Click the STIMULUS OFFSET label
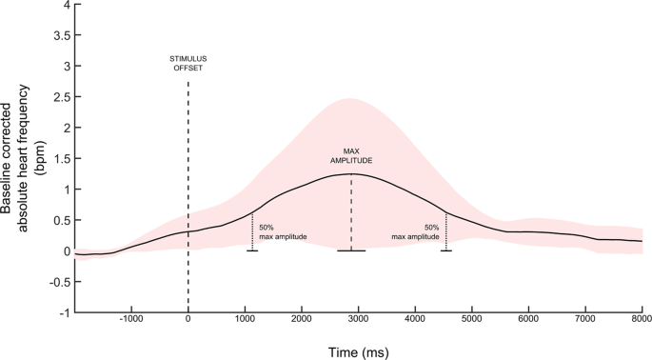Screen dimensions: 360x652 (x=188, y=64)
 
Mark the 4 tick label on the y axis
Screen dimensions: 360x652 (x=66, y=5)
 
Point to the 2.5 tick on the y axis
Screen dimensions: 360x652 (x=62, y=97)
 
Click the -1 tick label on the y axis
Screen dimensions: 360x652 (x=64, y=312)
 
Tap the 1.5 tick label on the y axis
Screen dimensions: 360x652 (x=62, y=158)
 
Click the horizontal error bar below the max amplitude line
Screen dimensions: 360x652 (x=351, y=250)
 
